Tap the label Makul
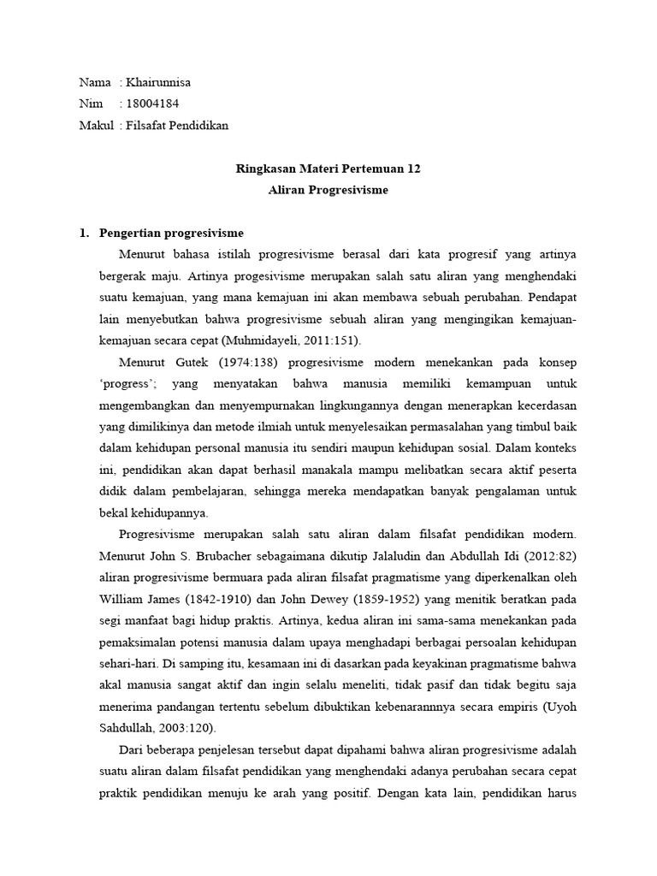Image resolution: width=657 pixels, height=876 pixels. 96,126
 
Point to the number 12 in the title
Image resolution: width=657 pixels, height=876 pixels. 413,169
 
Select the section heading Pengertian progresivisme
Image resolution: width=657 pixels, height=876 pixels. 172,234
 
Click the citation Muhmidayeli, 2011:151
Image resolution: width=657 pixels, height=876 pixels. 301,340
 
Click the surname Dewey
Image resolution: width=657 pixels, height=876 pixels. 312,597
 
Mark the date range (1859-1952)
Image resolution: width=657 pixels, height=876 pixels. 370,597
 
